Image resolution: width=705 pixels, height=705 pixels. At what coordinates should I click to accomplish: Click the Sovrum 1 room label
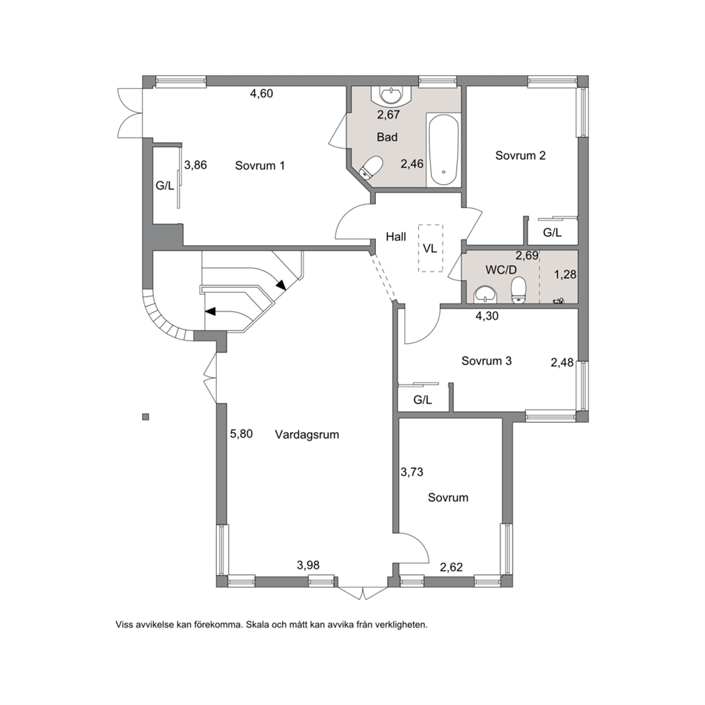click(x=260, y=166)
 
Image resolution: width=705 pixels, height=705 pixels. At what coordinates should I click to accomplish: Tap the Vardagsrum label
click(x=306, y=435)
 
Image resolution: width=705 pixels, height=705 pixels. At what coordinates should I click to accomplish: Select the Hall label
click(x=396, y=237)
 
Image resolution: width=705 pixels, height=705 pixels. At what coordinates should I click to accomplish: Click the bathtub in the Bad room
click(x=443, y=150)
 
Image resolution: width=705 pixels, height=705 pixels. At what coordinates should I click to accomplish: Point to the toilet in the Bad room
click(x=371, y=168)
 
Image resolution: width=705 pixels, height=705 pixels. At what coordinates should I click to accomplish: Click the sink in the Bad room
click(x=392, y=95)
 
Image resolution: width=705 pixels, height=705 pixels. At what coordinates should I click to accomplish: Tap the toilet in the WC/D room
click(x=519, y=289)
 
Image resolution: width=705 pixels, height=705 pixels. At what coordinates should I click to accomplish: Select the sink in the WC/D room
click(x=485, y=294)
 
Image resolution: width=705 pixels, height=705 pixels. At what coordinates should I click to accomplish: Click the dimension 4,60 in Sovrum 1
click(x=262, y=94)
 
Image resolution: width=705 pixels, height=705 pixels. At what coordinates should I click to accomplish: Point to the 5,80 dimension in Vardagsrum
click(x=242, y=434)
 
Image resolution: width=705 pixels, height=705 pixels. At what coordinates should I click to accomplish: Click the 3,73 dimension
click(x=412, y=472)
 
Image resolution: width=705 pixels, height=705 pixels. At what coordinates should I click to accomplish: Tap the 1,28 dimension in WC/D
click(x=565, y=274)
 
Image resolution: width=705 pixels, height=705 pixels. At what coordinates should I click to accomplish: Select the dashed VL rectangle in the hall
click(x=430, y=248)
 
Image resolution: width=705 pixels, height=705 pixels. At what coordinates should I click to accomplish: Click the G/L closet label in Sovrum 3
click(x=423, y=399)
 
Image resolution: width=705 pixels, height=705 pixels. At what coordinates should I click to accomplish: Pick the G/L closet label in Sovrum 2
click(x=552, y=232)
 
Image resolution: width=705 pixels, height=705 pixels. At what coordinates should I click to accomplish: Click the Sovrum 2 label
click(x=520, y=156)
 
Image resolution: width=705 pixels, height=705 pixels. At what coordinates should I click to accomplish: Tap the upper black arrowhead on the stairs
click(x=281, y=285)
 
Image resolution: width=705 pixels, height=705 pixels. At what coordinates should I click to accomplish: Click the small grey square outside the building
click(x=145, y=416)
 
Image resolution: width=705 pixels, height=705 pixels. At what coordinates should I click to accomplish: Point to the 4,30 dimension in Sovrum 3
click(x=487, y=316)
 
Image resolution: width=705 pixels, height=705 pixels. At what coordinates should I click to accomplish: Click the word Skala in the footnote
click(x=257, y=625)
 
